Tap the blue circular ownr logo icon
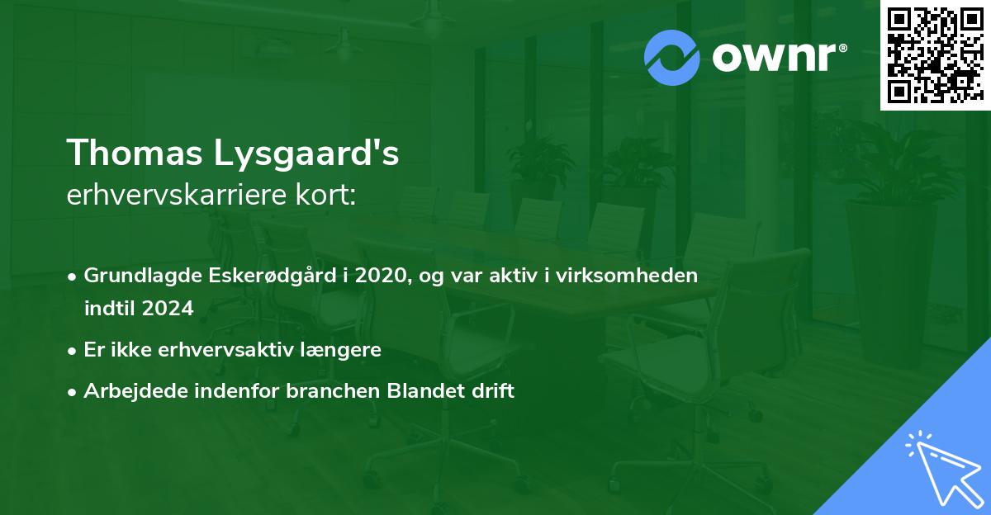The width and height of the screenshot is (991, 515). tap(672, 57)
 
